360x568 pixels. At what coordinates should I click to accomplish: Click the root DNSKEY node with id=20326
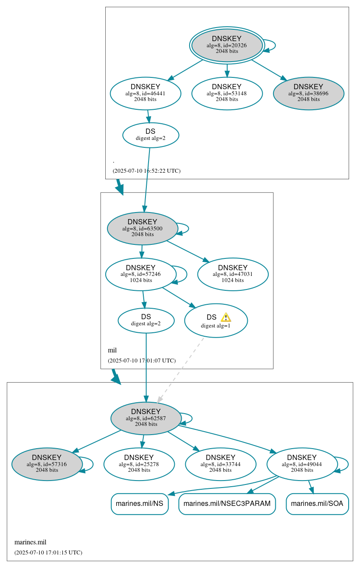[227, 45]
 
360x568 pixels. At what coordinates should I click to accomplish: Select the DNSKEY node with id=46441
[145, 93]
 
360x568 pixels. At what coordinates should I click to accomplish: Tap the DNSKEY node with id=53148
[227, 93]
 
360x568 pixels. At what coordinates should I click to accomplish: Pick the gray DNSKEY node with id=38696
[308, 93]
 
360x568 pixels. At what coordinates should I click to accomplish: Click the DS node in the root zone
[150, 135]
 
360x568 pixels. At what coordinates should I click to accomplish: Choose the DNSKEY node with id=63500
[142, 228]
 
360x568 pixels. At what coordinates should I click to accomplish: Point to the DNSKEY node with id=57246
[141, 274]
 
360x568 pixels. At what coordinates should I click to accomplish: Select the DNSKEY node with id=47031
[232, 274]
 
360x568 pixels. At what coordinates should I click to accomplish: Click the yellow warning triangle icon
[225, 317]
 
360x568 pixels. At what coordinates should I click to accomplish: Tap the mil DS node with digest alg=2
[146, 321]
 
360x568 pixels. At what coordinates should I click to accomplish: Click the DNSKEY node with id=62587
[146, 418]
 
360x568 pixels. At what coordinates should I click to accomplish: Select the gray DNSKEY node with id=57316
[47, 464]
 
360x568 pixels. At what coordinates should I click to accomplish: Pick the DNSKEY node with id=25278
[139, 464]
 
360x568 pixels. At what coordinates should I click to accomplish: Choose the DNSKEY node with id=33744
[220, 464]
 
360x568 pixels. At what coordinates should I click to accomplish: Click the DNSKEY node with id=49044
[302, 464]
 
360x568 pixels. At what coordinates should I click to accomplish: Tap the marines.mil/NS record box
[139, 504]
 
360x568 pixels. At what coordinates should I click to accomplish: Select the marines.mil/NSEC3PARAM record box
[227, 504]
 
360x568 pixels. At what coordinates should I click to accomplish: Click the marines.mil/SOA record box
[317, 504]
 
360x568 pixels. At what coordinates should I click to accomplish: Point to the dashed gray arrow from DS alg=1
[180, 370]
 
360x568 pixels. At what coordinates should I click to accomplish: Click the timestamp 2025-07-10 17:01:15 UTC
[48, 552]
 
